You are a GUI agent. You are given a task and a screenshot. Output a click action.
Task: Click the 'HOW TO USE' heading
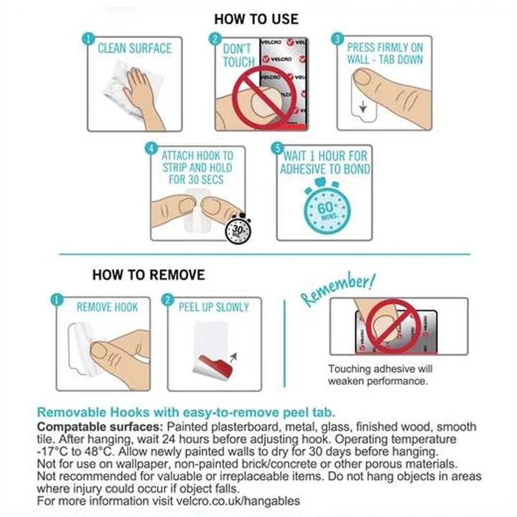[256, 19]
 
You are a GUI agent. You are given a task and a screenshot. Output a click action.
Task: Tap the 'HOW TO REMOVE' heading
[149, 275]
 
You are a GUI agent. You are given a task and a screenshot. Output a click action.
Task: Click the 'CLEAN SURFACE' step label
[134, 49]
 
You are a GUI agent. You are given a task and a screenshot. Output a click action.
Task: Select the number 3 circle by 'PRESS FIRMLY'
[337, 39]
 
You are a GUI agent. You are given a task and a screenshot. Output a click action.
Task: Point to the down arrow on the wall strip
[363, 106]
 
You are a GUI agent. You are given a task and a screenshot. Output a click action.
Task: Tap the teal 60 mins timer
[326, 207]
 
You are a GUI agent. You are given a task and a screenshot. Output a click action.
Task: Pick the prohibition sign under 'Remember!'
[393, 326]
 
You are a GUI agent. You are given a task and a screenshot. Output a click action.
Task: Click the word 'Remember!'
[338, 289]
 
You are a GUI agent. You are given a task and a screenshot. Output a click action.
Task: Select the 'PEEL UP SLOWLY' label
[214, 307]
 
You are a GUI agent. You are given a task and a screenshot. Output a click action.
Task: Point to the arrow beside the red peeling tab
[233, 357]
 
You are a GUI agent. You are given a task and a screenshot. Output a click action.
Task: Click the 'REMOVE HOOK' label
[107, 307]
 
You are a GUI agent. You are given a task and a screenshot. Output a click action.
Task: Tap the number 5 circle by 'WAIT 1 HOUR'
[277, 148]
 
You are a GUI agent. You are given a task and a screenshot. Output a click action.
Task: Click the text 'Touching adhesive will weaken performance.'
[380, 375]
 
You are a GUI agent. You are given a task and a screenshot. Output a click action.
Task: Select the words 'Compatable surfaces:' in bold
[100, 427]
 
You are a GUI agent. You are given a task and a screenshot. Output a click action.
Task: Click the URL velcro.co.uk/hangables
[238, 501]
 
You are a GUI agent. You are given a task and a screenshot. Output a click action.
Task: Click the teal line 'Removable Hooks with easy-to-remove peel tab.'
[186, 412]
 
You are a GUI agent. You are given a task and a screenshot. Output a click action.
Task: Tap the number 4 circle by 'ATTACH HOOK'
[151, 149]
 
